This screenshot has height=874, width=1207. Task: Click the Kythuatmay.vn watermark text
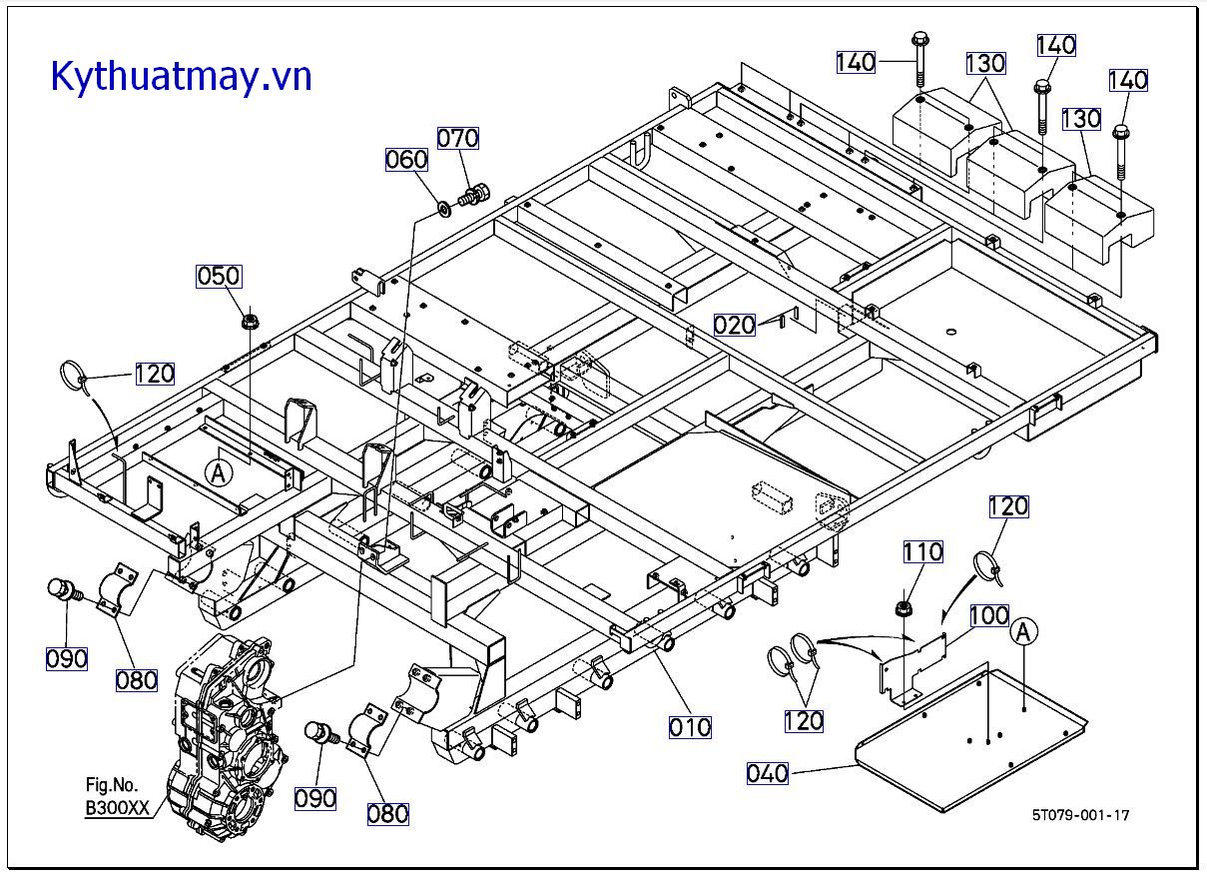[181, 75]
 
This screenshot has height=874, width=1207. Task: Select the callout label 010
[690, 727]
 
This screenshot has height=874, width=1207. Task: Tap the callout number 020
[734, 325]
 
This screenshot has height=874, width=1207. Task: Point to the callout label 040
[768, 773]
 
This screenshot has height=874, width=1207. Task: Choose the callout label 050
[219, 277]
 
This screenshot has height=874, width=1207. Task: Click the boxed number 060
[407, 160]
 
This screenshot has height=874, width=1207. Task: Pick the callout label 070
[458, 138]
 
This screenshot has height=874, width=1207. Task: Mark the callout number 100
[988, 615]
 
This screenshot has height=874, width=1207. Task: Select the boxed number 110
[922, 551]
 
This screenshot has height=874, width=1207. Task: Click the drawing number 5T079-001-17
[1081, 815]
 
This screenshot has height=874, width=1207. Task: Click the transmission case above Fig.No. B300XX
[226, 729]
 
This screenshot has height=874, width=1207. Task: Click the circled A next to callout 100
[1023, 631]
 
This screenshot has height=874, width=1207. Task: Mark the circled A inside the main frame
[219, 472]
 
